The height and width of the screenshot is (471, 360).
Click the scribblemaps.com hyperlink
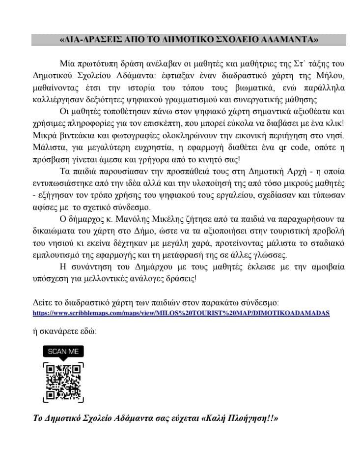pyautogui.click(x=181, y=312)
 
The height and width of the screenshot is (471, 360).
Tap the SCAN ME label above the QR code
pyautogui.click(x=63, y=352)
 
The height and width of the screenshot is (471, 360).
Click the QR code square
pyautogui.click(x=63, y=382)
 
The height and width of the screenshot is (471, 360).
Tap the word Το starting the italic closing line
pyautogui.click(x=38, y=419)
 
